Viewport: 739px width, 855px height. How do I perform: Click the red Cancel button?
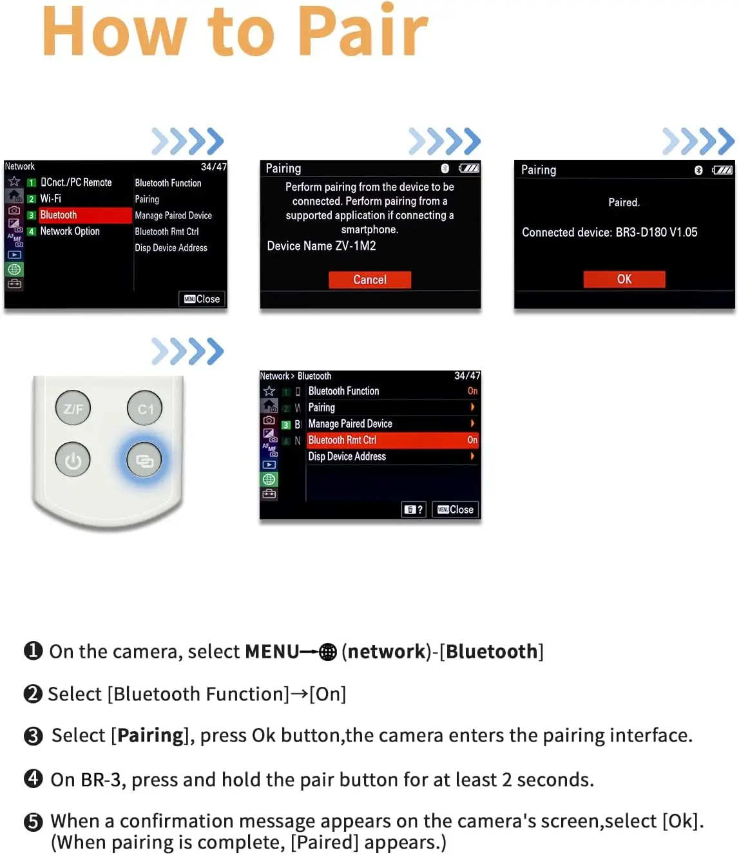click(x=369, y=280)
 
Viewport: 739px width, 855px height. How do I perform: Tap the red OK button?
click(x=624, y=279)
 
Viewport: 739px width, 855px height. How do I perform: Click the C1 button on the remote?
click(x=144, y=408)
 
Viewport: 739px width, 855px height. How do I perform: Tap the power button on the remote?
click(x=73, y=459)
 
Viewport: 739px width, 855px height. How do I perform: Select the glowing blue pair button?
click(x=144, y=460)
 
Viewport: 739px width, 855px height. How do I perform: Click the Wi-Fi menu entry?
click(x=50, y=198)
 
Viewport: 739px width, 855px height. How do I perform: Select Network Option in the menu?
click(x=70, y=231)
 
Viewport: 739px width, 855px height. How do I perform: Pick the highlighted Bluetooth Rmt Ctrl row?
click(x=392, y=440)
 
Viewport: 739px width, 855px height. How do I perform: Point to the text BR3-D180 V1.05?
click(x=657, y=232)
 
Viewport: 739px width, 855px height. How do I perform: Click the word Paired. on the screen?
click(x=624, y=202)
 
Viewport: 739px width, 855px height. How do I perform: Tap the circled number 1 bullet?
click(x=33, y=651)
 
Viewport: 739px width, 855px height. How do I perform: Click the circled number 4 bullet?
click(x=33, y=778)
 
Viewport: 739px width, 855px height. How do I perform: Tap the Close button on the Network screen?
click(x=202, y=299)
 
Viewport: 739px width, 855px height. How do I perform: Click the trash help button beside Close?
click(x=414, y=510)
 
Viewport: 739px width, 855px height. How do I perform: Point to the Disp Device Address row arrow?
click(x=472, y=456)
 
